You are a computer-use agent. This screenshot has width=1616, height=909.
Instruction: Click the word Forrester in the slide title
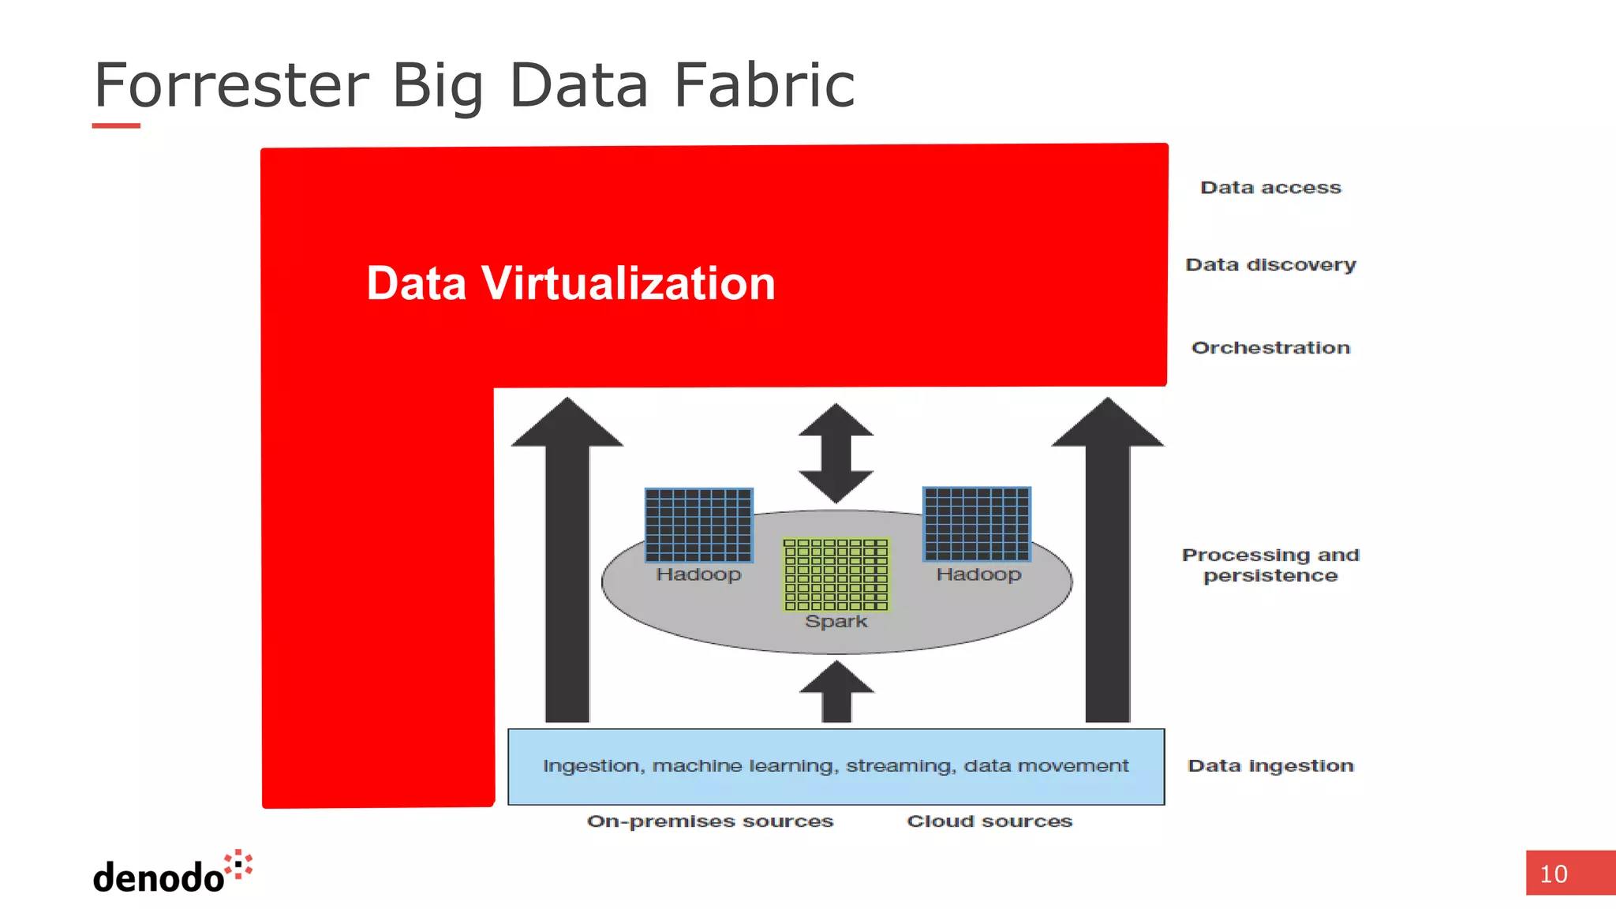(231, 84)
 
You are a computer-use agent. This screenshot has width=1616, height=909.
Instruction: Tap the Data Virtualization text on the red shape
(570, 283)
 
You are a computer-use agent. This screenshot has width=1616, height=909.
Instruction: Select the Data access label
(1270, 188)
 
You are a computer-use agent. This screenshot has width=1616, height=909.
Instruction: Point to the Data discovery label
(1270, 265)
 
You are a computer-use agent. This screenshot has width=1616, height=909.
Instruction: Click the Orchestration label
(1270, 348)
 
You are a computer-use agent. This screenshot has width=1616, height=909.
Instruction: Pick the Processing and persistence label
(1270, 565)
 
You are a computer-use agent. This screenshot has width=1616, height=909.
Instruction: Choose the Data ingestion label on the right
(1270, 765)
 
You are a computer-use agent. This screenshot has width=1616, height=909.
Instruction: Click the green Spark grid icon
(836, 574)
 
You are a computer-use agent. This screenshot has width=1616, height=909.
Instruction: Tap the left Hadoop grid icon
(698, 525)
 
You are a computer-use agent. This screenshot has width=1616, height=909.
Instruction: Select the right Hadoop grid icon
(977, 524)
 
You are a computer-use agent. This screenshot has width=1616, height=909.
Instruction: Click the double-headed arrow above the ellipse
(836, 453)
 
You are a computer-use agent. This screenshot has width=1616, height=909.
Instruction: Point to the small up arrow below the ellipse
(836, 692)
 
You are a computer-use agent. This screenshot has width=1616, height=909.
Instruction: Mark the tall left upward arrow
(567, 560)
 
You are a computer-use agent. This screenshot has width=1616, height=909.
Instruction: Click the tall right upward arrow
(1108, 560)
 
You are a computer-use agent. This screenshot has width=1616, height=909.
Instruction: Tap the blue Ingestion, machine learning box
(836, 766)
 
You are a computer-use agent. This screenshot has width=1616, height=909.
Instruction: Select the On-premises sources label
(709, 821)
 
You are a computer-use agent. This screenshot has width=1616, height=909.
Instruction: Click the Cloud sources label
(989, 821)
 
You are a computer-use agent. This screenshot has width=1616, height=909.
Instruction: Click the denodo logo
(172, 873)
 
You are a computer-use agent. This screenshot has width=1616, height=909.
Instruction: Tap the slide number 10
(1554, 874)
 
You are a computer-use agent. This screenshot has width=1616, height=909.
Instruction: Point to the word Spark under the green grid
(836, 622)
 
